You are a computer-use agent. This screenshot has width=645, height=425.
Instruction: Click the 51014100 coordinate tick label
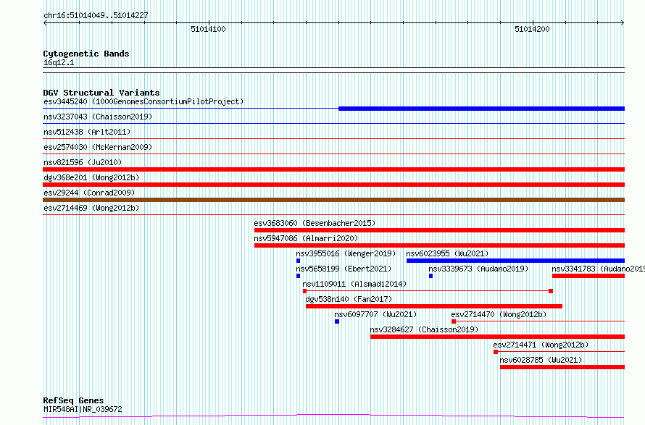pyautogui.click(x=208, y=29)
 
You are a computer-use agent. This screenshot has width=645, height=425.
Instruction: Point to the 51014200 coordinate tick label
pyautogui.click(x=532, y=29)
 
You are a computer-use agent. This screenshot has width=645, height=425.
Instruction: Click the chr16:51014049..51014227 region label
pyautogui.click(x=96, y=16)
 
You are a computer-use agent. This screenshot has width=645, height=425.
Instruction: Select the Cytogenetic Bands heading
pyautogui.click(x=86, y=54)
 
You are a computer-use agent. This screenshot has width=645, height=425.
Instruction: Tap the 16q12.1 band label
pyautogui.click(x=59, y=62)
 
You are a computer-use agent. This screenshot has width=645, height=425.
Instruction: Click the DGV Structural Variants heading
pyautogui.click(x=101, y=93)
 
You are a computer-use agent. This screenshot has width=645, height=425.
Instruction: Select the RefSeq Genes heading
pyautogui.click(x=73, y=400)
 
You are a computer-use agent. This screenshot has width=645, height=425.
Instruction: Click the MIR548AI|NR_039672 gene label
pyautogui.click(x=83, y=409)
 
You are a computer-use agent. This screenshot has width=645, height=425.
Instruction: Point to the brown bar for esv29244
pyautogui.click(x=333, y=200)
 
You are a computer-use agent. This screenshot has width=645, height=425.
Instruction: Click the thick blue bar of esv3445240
pyautogui.click(x=481, y=109)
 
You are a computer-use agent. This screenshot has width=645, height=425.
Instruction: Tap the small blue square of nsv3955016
pyautogui.click(x=299, y=261)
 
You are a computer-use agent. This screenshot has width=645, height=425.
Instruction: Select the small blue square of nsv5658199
pyautogui.click(x=299, y=276)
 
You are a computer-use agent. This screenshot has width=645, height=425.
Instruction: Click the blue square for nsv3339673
pyautogui.click(x=430, y=276)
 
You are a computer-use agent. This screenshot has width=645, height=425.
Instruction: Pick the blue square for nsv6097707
pyautogui.click(x=337, y=321)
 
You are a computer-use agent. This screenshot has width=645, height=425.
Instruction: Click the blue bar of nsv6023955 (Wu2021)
pyautogui.click(x=515, y=261)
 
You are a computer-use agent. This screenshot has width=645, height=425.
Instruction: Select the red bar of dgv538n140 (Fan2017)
pyautogui.click(x=434, y=306)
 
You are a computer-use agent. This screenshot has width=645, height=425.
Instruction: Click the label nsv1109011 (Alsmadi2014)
pyautogui.click(x=354, y=284)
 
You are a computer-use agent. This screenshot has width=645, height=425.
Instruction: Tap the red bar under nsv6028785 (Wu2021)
pyautogui.click(x=562, y=367)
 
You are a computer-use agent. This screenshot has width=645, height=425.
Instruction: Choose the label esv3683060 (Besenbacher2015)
pyautogui.click(x=315, y=223)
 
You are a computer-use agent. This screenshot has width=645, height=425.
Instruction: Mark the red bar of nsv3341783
pyautogui.click(x=588, y=276)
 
